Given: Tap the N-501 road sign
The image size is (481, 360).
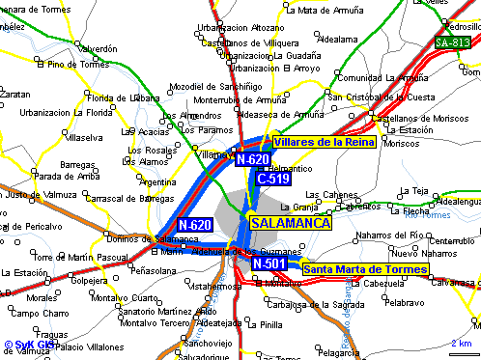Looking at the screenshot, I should pyautogui.click(x=269, y=263).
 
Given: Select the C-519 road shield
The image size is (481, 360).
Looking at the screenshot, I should pyautogui.click(x=272, y=179).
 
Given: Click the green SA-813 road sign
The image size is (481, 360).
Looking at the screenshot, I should pyautogui.click(x=453, y=42).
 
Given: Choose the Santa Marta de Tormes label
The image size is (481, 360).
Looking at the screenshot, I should pyautogui.click(x=364, y=268).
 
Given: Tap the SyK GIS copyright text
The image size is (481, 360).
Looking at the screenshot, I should pyautogui.click(x=28, y=345).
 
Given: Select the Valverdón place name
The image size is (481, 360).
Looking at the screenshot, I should pyautogui.click(x=98, y=47).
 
